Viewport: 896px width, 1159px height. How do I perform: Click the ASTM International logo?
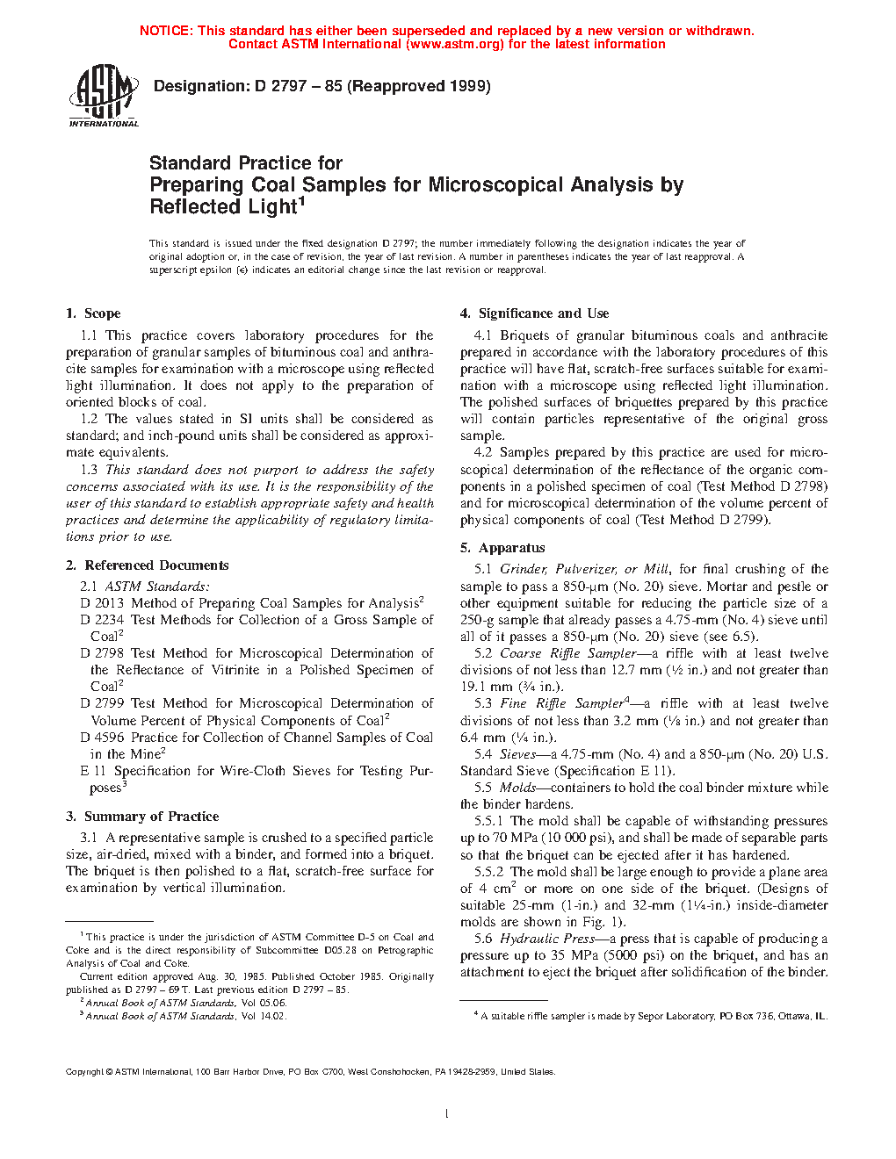103,96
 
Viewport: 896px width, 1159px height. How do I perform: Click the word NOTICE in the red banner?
165,31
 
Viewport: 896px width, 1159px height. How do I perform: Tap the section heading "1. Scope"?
93,313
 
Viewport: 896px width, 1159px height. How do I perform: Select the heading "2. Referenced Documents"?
148,565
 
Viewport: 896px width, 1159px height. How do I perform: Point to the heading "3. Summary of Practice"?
142,817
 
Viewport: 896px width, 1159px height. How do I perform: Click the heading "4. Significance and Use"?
534,313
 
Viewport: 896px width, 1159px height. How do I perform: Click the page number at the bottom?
447,1114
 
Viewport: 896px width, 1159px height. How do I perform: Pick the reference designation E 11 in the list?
93,771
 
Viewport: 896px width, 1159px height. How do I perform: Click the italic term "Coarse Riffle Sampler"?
567,653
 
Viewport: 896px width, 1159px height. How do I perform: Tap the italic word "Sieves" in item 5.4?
517,754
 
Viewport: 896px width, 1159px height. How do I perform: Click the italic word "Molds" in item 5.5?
517,788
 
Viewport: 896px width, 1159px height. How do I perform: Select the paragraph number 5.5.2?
488,872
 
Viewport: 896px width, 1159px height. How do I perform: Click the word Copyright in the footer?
84,1072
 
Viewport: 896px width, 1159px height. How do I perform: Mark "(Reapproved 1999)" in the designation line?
419,86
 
